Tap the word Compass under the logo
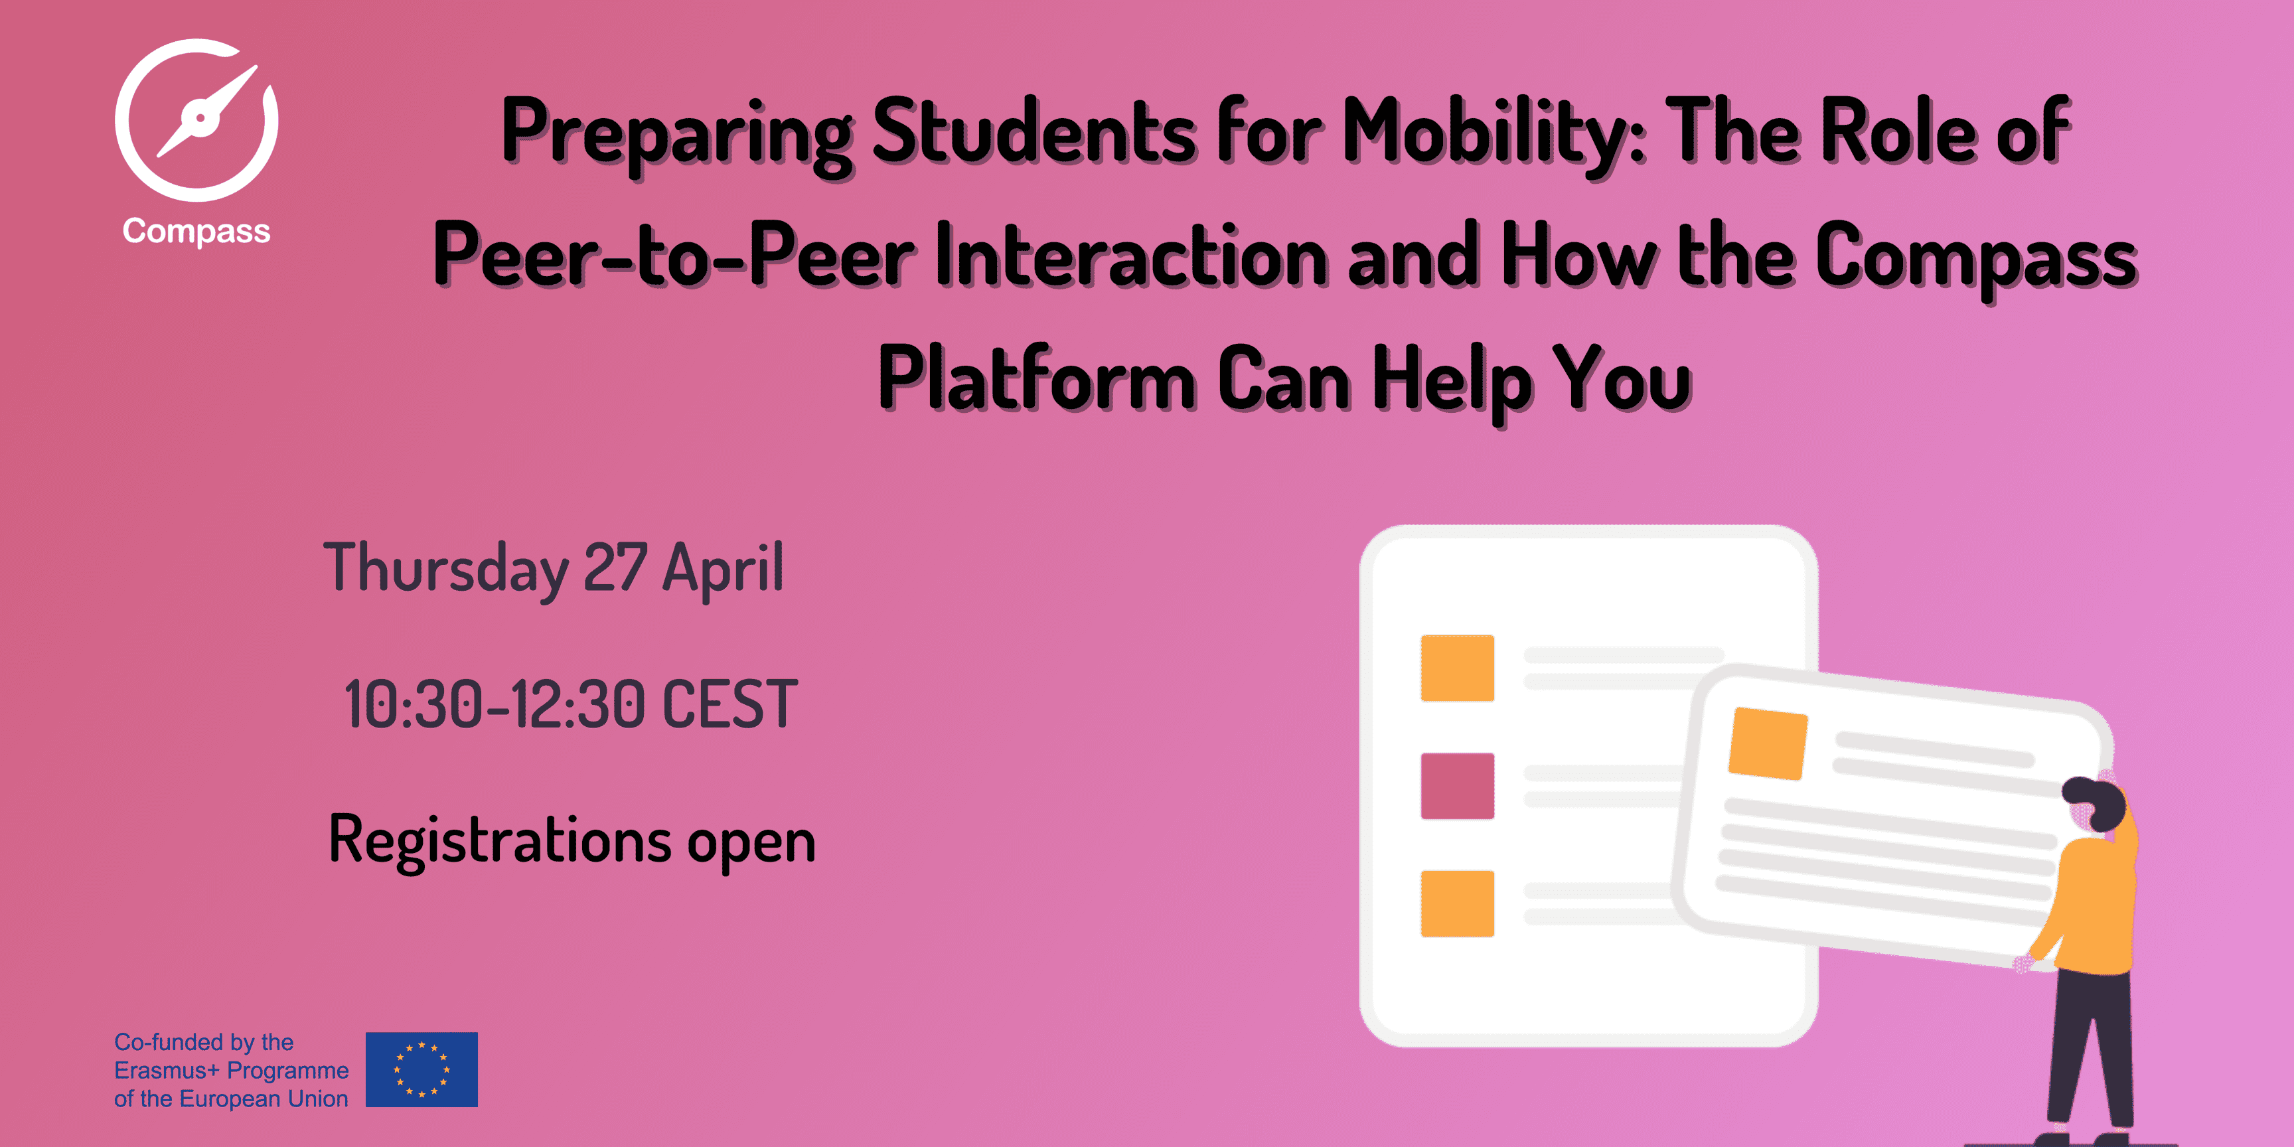[196, 232]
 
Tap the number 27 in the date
[615, 568]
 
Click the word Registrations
[500, 840]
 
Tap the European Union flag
[421, 1069]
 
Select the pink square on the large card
[1457, 787]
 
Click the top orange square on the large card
[1457, 668]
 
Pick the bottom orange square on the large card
[1457, 904]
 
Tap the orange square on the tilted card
[1768, 743]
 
